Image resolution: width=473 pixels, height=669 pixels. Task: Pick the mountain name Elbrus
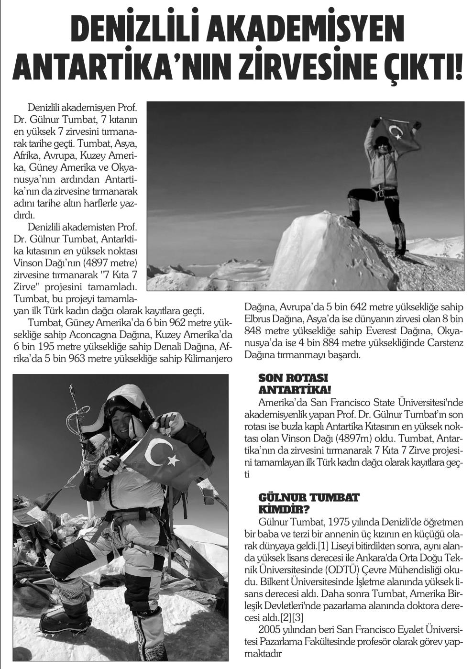(260, 318)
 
